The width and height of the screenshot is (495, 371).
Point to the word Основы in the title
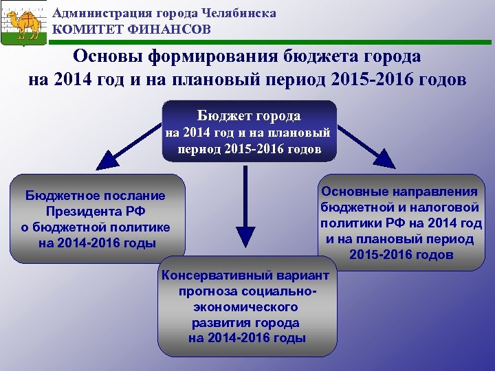109,56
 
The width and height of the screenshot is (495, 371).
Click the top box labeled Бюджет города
249,131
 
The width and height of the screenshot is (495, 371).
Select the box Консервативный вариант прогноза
247,306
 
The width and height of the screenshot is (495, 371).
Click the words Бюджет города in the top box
249,116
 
